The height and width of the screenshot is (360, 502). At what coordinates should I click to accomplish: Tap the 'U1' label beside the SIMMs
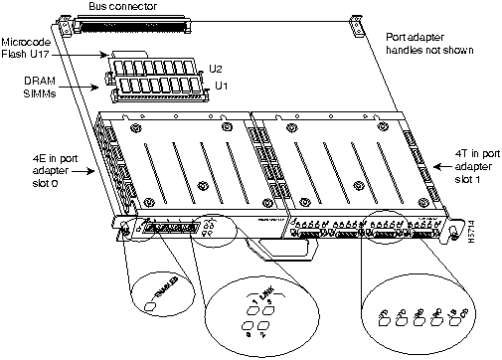point(216,88)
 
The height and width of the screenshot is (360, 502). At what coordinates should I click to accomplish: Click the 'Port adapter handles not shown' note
point(430,42)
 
